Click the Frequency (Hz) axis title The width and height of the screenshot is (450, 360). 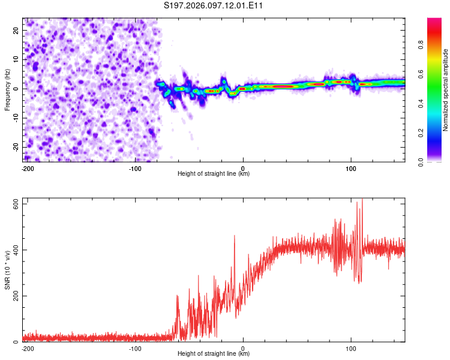(8, 89)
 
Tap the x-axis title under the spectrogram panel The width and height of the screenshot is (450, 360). (214, 173)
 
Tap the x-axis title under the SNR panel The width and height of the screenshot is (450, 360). (214, 353)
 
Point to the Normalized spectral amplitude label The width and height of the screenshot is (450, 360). (446, 90)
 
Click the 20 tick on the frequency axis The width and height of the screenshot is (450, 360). (16, 30)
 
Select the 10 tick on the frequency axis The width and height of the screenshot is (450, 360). (16, 59)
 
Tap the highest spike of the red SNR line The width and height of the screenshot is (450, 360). (362, 200)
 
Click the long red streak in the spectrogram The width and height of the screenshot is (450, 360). (279, 86)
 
